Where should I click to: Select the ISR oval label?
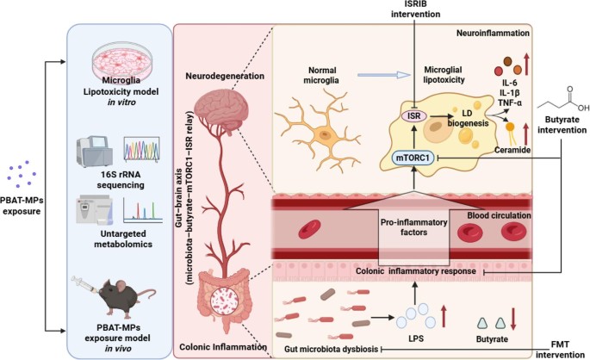414,116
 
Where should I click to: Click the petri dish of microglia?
122,60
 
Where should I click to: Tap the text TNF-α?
510,102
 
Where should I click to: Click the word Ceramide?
512,150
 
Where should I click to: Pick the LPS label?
416,338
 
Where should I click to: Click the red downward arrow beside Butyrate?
513,318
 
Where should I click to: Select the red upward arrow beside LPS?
444,316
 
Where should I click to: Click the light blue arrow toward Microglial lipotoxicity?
384,75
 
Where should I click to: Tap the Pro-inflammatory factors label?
413,227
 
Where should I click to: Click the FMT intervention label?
560,350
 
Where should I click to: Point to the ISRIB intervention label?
415,9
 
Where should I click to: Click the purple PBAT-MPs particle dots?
22,174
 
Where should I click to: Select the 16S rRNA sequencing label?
121,180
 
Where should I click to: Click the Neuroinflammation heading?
493,33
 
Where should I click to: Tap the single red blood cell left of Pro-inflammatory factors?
309,229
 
